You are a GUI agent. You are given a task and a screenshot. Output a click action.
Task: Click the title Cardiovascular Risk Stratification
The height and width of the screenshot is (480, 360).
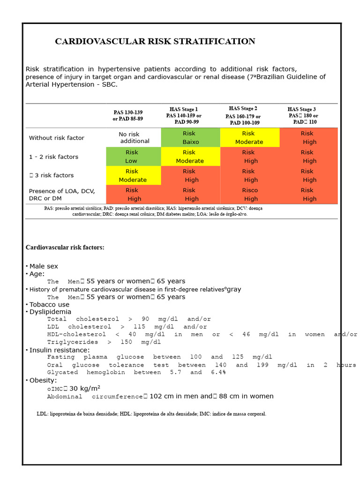pos(155,41)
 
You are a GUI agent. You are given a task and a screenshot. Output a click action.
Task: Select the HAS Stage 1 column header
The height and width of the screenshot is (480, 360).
pos(184,115)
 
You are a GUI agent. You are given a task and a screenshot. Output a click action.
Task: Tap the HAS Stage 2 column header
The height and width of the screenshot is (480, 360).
pos(243,115)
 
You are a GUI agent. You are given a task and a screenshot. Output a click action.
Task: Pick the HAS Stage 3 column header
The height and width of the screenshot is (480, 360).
pos(303,115)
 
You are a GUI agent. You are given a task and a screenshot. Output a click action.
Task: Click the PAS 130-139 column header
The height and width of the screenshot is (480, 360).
pos(128,115)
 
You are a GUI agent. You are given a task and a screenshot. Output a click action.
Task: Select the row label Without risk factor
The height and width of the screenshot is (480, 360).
pos(57,138)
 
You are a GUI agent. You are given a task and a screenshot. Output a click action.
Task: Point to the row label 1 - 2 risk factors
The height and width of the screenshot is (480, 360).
pos(53,157)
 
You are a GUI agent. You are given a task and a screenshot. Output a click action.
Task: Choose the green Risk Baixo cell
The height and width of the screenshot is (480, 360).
pos(190,137)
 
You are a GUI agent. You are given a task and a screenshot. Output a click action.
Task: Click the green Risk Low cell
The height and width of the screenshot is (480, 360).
pos(132,157)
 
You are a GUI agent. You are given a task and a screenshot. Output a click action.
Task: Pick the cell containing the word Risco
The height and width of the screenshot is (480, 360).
pos(250,194)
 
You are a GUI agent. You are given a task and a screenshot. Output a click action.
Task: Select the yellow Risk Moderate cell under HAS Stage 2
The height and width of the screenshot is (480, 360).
pos(249,137)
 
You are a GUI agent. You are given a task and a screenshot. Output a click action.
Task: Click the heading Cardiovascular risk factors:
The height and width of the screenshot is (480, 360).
pos(65,247)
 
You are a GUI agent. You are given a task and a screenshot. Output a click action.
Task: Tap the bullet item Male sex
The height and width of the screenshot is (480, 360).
pos(43,266)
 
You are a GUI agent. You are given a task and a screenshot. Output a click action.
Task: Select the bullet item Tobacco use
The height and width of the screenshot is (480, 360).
pos(49,305)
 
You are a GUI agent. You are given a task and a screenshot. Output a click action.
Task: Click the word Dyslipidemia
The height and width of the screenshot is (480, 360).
pos(50,312)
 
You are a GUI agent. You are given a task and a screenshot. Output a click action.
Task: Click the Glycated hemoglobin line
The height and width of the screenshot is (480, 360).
pos(136,372)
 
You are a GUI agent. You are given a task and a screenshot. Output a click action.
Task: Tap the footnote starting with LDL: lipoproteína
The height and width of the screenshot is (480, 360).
pos(151,414)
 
